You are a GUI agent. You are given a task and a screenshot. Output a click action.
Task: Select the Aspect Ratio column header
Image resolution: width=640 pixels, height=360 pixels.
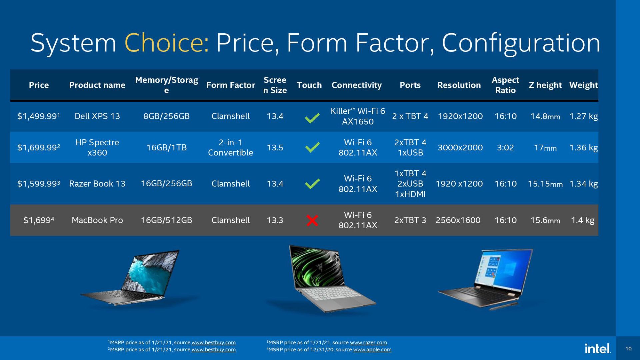coord(505,85)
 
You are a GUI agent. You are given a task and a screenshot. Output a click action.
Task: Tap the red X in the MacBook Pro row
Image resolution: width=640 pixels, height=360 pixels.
coord(312,220)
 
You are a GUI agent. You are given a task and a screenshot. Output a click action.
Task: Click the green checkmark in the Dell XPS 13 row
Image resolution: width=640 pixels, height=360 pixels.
coord(312,118)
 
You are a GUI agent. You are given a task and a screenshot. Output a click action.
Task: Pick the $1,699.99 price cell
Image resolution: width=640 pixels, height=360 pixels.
coord(39,147)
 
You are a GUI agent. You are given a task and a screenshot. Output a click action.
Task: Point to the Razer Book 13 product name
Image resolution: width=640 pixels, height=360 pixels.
coord(97,184)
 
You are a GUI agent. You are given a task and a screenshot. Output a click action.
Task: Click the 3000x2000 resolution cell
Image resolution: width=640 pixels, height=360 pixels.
coord(460,147)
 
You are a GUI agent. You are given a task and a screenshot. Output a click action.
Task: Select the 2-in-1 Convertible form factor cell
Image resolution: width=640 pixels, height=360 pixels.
coord(230,147)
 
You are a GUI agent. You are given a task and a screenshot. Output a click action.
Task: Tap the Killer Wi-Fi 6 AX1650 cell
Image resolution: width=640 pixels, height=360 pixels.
coord(358,116)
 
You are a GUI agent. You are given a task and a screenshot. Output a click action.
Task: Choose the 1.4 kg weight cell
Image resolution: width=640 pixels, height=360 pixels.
coord(583,220)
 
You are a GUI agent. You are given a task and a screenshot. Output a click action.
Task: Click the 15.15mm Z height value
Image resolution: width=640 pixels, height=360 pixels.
coord(545,184)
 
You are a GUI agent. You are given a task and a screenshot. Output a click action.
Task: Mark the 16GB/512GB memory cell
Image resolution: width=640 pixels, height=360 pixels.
coord(166,220)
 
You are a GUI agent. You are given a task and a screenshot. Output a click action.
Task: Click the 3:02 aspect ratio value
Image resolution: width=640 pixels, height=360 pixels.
coord(505,147)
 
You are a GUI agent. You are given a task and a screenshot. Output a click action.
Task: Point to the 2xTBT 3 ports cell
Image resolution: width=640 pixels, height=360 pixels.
coord(410,220)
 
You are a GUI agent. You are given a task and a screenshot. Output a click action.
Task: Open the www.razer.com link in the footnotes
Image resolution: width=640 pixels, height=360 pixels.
coord(368,343)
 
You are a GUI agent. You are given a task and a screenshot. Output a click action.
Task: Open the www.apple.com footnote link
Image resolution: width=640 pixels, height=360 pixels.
coord(372,350)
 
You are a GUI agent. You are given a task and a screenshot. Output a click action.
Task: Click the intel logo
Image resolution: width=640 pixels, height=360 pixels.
coord(598,349)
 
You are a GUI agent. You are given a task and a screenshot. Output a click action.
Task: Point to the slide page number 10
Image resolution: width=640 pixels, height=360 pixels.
coord(628,349)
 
